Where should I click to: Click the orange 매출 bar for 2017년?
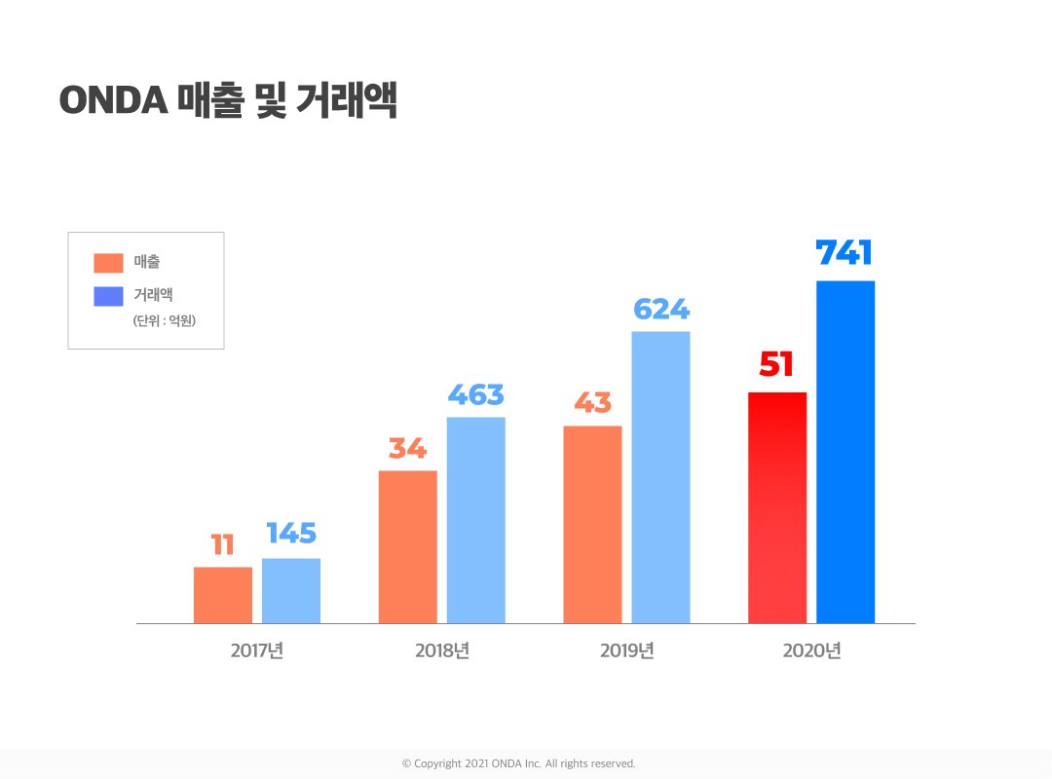(223, 595)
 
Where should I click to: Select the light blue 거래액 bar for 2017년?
(291, 591)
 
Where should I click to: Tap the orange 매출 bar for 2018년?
(407, 547)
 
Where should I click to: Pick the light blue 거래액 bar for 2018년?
(476, 520)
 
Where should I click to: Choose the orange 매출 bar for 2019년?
(592, 525)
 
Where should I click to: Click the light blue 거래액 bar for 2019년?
(660, 477)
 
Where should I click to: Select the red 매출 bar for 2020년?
(777, 507)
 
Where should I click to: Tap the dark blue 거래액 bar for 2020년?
(845, 452)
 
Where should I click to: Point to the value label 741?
(844, 253)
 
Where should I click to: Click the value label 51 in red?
(776, 365)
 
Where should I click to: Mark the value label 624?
(660, 310)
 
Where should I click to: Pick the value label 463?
(475, 395)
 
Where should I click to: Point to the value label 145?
(291, 534)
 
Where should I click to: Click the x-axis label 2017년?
(257, 650)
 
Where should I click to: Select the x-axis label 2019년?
(626, 650)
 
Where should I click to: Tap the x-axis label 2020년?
(811, 650)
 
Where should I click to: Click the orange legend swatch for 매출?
(108, 262)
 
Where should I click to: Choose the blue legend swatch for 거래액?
(108, 296)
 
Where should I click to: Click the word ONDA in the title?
(114, 101)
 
